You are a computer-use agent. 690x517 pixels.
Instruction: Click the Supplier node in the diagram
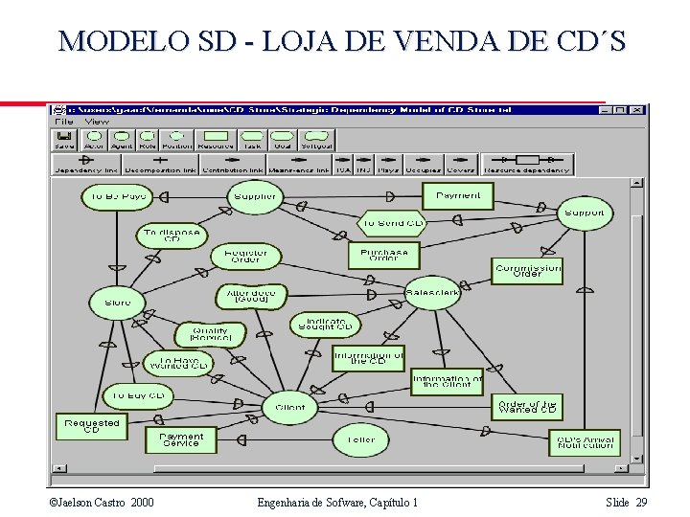pyautogui.click(x=255, y=197)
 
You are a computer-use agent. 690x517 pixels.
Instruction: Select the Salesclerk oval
pyautogui.click(x=432, y=293)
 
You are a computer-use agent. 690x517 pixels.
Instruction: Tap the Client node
pyautogui.click(x=289, y=408)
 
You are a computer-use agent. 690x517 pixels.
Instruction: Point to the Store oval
pyautogui.click(x=118, y=303)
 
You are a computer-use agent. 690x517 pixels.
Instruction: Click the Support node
pyautogui.click(x=584, y=213)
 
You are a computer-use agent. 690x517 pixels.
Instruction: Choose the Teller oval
pyautogui.click(x=361, y=439)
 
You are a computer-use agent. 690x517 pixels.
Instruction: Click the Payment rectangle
pyautogui.click(x=458, y=196)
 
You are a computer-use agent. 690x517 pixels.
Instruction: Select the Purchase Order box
pyautogui.click(x=383, y=255)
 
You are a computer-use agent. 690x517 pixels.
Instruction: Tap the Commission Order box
pyautogui.click(x=528, y=271)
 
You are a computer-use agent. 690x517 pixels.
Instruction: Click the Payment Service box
pyautogui.click(x=181, y=439)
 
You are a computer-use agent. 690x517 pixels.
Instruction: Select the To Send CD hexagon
pyautogui.click(x=392, y=223)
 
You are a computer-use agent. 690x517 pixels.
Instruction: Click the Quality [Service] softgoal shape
pyautogui.click(x=210, y=334)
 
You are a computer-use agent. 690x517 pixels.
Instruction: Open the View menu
pyautogui.click(x=97, y=122)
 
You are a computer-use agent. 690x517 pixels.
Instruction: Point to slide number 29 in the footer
pyautogui.click(x=641, y=503)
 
